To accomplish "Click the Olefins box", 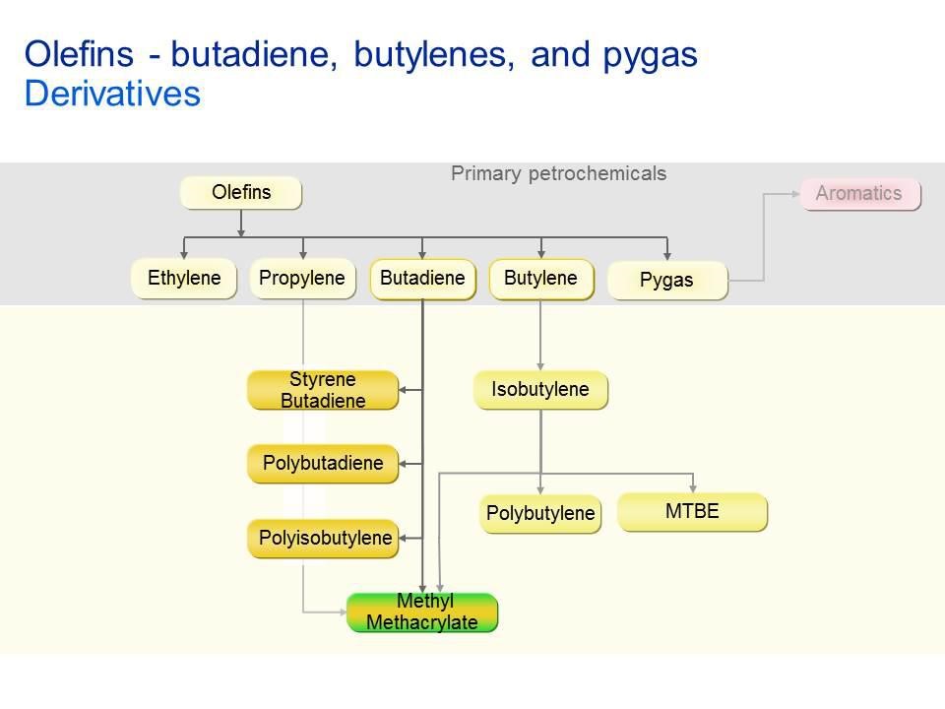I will tap(240, 193).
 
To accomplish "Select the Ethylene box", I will tap(184, 279).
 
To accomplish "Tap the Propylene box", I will tap(302, 279).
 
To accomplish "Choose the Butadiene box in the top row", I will tap(422, 279).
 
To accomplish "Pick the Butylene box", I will tap(540, 279).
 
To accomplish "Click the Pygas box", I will tap(666, 281).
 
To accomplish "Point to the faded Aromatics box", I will tap(858, 194).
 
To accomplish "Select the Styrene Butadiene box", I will tap(323, 390).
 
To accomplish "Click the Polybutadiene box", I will tap(323, 463).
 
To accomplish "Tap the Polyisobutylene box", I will tap(323, 539).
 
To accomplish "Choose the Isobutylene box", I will tap(540, 390).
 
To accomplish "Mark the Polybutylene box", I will tap(540, 513).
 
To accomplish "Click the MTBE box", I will tap(692, 512).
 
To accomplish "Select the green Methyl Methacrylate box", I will tap(422, 612).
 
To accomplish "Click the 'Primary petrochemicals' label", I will tap(558, 174).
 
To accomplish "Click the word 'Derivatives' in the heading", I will tap(112, 95).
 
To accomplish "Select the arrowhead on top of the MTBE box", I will tap(694, 488).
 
